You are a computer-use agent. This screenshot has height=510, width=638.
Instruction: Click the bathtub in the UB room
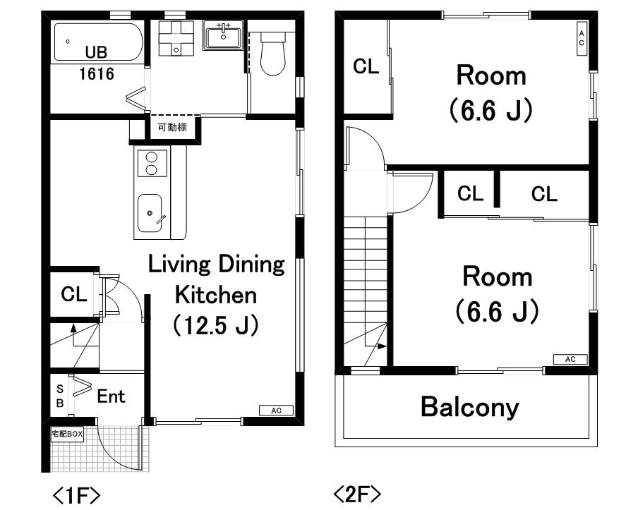pos(99,42)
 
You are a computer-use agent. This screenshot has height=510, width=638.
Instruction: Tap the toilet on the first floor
pos(272,54)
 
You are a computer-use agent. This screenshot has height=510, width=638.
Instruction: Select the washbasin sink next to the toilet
pos(223,35)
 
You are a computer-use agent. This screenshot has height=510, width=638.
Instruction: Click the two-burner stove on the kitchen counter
pos(152,164)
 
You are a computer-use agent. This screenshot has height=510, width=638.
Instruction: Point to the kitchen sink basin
pos(150,214)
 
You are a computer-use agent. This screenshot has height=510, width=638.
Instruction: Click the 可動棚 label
pos(172,128)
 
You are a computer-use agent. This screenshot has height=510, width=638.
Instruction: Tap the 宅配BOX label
pos(67,434)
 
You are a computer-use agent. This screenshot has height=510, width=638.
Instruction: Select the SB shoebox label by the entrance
pos(60,396)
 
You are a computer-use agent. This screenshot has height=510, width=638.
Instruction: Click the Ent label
pos(111,396)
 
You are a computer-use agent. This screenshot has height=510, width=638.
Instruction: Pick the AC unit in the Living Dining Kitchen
pos(276,411)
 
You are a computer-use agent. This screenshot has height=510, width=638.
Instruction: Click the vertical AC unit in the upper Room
pos(582,38)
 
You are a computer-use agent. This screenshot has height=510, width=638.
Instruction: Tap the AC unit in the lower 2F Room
pos(570,359)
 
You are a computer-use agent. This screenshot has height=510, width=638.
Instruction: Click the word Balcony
pos(470,407)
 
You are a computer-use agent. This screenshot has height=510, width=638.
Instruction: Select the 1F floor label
pos(76,495)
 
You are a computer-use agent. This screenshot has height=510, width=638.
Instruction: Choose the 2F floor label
pos(357,494)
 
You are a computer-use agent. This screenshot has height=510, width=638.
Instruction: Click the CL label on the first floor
pos(74,294)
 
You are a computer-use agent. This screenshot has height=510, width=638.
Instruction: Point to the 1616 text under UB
pos(97,74)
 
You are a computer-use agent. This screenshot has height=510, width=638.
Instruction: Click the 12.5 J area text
pos(216,324)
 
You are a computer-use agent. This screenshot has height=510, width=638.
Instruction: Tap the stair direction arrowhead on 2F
pos(382,346)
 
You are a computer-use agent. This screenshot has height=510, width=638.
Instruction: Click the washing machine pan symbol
pos(176,38)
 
